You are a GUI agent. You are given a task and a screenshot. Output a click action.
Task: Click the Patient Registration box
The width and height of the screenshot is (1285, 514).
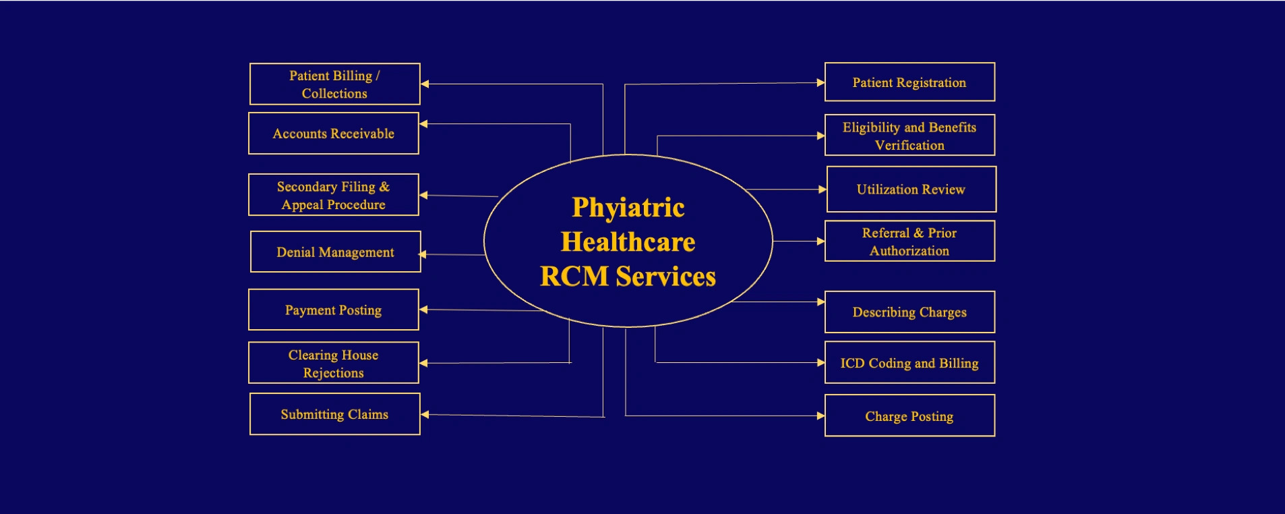[x=909, y=82]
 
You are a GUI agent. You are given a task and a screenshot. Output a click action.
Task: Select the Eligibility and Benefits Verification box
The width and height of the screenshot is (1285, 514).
[x=909, y=136]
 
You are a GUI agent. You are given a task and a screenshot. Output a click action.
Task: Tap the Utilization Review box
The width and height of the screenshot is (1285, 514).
[x=911, y=190]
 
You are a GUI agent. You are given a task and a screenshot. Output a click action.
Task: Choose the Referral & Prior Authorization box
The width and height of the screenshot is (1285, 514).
[x=909, y=241]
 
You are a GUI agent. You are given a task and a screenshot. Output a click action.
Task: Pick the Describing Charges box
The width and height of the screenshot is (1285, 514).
[x=909, y=312]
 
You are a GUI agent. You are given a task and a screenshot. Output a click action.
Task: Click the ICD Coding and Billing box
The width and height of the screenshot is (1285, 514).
[x=909, y=363]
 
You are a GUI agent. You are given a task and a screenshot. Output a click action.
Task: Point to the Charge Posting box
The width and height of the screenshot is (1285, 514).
[x=909, y=416]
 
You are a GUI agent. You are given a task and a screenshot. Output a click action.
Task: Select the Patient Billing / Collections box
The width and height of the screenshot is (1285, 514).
[x=334, y=84]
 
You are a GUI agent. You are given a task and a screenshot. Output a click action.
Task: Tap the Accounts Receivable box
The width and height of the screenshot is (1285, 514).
[x=334, y=134]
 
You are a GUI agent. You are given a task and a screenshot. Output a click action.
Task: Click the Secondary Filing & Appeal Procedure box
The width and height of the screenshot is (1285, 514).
[x=334, y=195]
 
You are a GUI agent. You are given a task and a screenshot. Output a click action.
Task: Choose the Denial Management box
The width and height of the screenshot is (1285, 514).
[x=335, y=252]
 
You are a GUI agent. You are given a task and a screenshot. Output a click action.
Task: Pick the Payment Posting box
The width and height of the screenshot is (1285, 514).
[x=334, y=310]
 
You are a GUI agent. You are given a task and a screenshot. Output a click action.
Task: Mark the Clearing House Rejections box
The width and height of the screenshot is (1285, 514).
[x=334, y=363]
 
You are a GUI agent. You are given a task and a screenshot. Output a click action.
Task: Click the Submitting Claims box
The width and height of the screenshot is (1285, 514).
[x=334, y=414]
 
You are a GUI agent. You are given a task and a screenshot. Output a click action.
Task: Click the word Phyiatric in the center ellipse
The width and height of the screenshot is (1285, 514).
[x=628, y=208]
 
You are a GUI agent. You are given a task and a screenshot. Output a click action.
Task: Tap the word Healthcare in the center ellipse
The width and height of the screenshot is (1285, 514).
[x=628, y=241]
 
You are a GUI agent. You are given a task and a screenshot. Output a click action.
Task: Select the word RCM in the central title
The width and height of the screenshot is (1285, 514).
[x=574, y=277]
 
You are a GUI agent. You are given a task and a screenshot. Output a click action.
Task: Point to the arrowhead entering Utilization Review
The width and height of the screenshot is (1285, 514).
[x=823, y=190]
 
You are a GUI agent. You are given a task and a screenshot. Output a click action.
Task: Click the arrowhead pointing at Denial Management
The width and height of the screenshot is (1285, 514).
[x=423, y=254]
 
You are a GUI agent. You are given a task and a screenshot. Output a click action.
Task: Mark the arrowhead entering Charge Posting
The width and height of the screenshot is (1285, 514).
[x=820, y=416]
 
